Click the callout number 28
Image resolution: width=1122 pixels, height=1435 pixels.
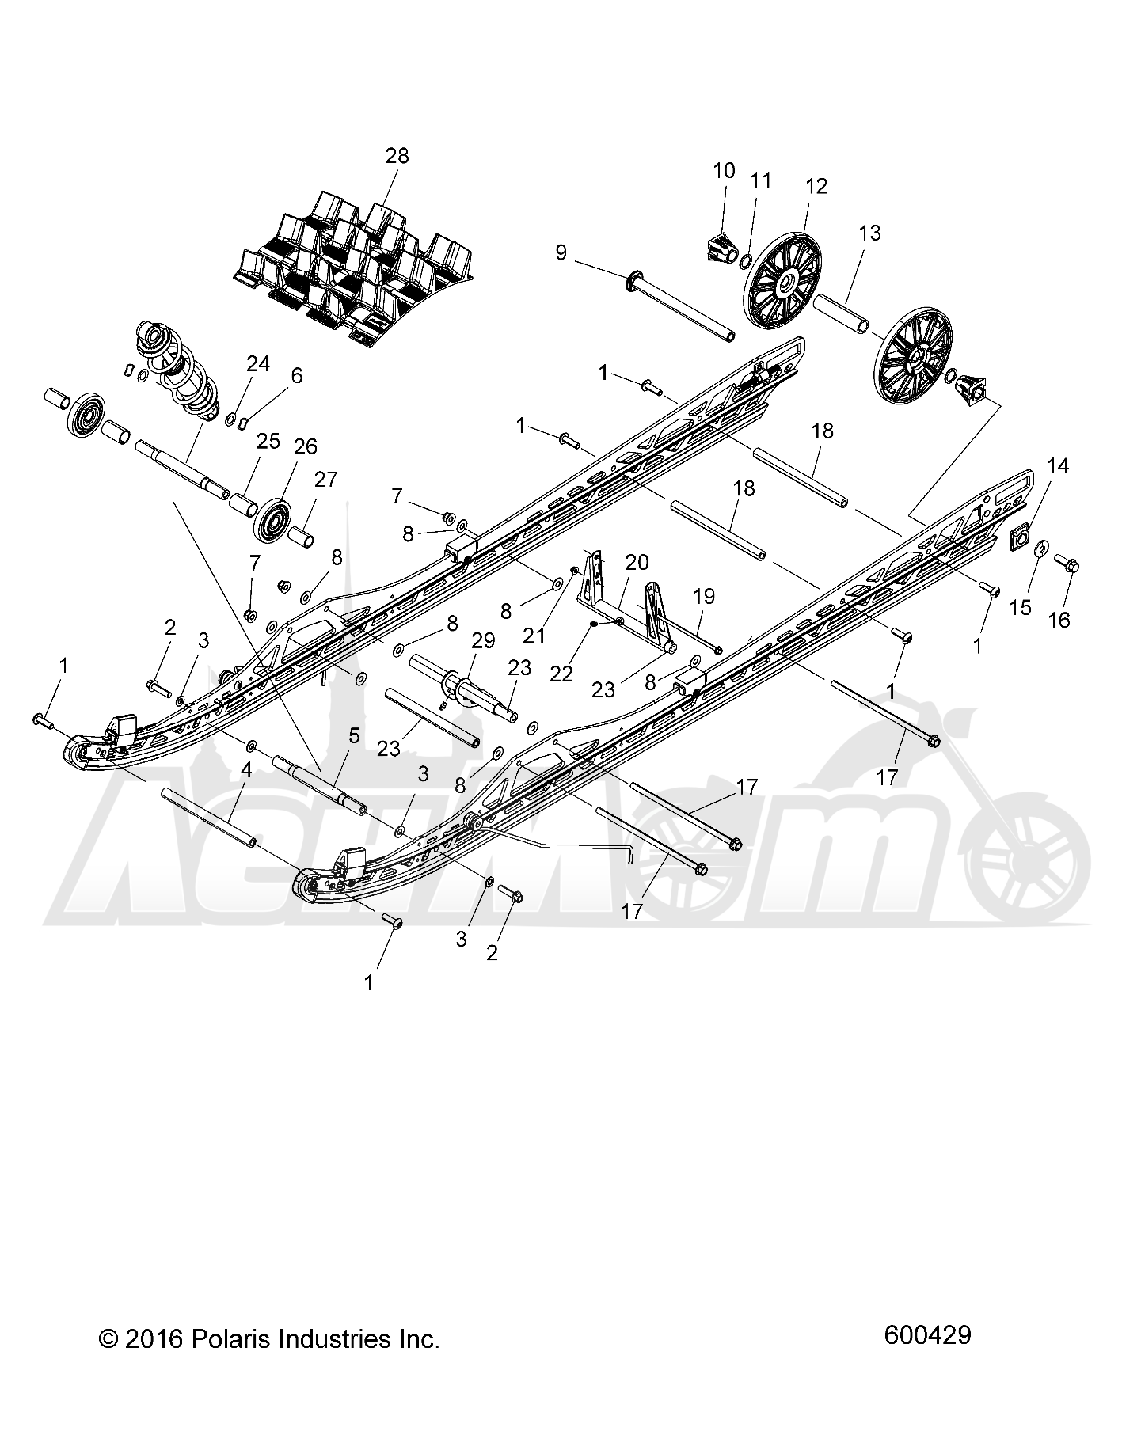tap(397, 155)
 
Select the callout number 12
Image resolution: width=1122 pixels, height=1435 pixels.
tap(816, 186)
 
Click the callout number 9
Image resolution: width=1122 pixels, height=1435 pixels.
tap(561, 252)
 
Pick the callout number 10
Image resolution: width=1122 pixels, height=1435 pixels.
tap(724, 170)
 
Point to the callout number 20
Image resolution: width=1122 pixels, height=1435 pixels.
tap(637, 562)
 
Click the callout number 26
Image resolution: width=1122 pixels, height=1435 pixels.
tap(305, 446)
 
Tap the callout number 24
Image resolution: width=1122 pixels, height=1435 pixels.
tap(257, 363)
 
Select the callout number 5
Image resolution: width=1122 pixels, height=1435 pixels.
tap(354, 735)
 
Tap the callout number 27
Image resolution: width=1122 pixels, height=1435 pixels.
tap(325, 479)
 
